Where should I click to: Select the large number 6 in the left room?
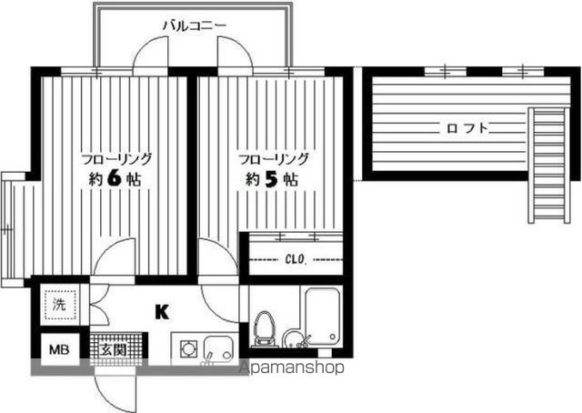(x=114, y=178)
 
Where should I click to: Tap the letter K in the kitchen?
(x=162, y=313)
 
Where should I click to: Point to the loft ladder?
(x=549, y=165)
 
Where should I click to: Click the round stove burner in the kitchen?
(x=190, y=348)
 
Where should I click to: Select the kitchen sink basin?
(x=218, y=348)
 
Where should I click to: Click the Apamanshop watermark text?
(x=291, y=369)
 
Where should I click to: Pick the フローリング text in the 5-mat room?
(x=274, y=157)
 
